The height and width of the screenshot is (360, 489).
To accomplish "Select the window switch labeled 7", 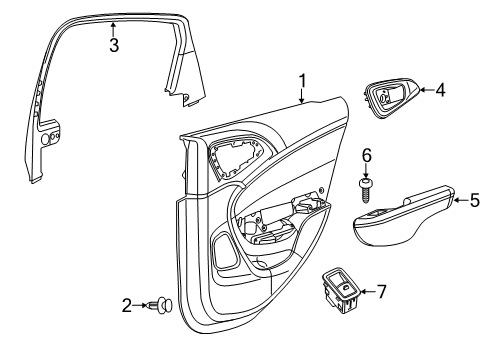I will pos(342,291).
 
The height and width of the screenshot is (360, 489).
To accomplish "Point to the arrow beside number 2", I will pos(141,305).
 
